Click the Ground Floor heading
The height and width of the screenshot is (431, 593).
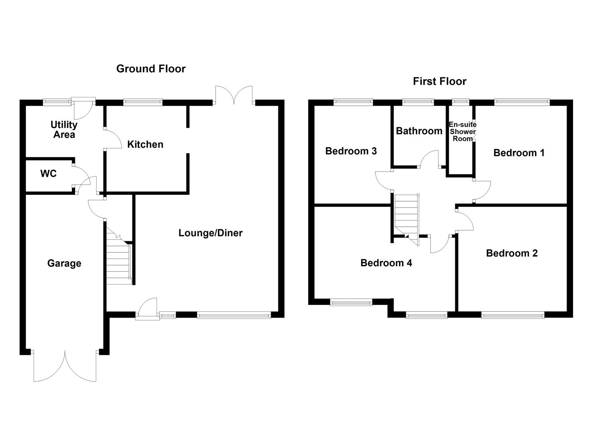(x=151, y=69)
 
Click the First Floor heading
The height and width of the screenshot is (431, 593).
(x=439, y=81)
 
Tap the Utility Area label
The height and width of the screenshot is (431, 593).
(x=64, y=129)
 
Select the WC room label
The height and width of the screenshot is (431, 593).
(x=48, y=174)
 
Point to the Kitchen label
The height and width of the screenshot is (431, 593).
(x=145, y=144)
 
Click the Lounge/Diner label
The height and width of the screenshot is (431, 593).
(x=210, y=233)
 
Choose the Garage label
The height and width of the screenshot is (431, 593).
(x=64, y=263)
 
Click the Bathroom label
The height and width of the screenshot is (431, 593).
(x=419, y=131)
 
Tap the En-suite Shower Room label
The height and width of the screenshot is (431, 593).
(x=462, y=131)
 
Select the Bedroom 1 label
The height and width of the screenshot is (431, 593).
(x=519, y=153)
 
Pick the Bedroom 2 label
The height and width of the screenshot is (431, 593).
(x=512, y=253)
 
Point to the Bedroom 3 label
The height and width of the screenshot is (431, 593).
(x=351, y=151)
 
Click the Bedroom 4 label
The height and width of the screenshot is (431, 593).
(x=386, y=263)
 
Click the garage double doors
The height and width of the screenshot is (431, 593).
(x=65, y=366)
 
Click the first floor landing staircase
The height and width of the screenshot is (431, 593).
(x=407, y=217)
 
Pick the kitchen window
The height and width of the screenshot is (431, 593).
(x=143, y=102)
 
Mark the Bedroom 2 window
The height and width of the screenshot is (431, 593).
(x=512, y=315)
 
